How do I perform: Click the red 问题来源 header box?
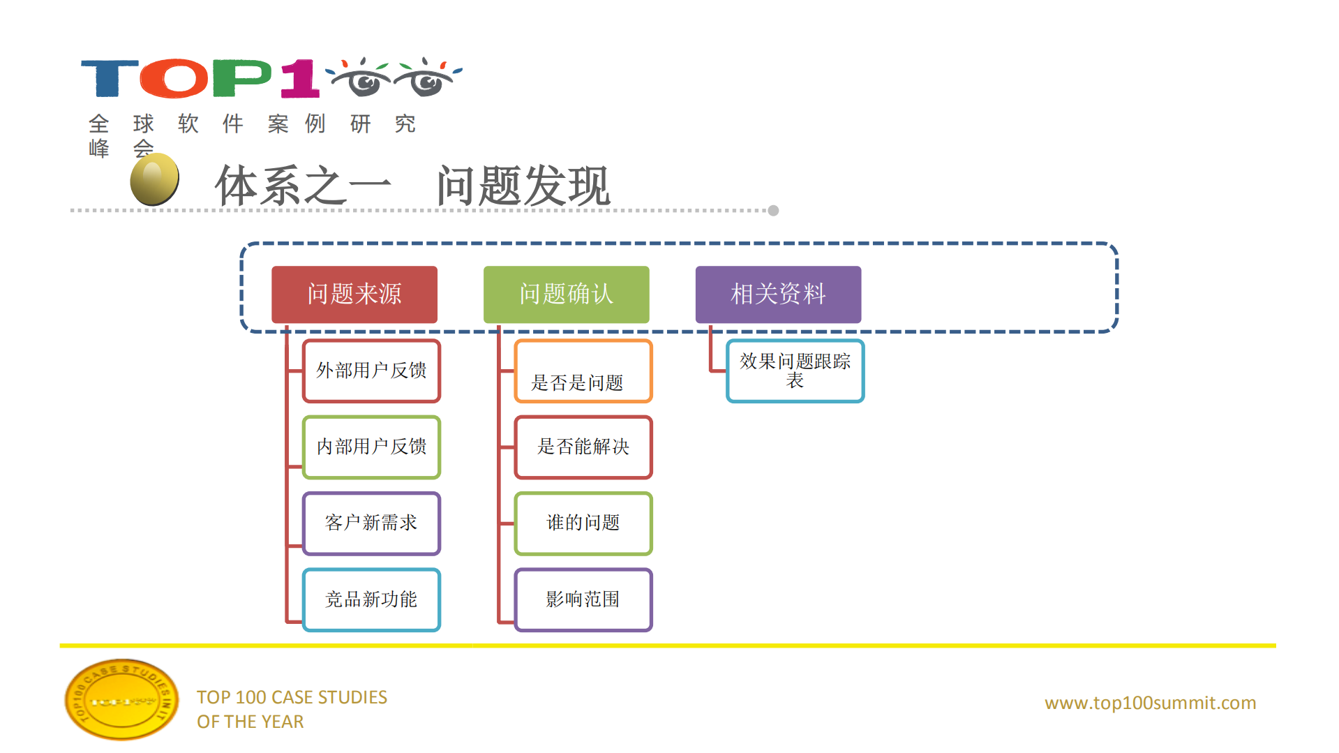[x=354, y=294]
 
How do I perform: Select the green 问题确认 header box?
[x=566, y=294]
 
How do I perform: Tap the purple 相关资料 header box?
[x=778, y=294]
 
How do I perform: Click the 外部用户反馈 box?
[x=371, y=371]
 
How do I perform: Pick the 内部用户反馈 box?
[x=371, y=447]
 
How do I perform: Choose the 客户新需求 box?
[x=371, y=523]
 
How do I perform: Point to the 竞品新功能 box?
[x=371, y=599]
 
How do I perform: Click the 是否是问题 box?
[x=583, y=371]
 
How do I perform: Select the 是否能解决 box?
[x=583, y=447]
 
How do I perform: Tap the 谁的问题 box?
[x=583, y=523]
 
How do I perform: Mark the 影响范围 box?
[x=583, y=599]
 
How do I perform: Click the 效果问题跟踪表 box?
[x=795, y=371]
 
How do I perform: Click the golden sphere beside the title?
[x=155, y=179]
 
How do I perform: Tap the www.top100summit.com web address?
[x=1150, y=703]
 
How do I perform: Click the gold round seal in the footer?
[x=121, y=699]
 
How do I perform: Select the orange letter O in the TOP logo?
[x=174, y=78]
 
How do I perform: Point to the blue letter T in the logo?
[x=109, y=78]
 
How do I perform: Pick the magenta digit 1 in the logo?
[x=300, y=78]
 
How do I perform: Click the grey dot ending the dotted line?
[x=773, y=211]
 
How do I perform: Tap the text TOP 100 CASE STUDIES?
[x=292, y=697]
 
